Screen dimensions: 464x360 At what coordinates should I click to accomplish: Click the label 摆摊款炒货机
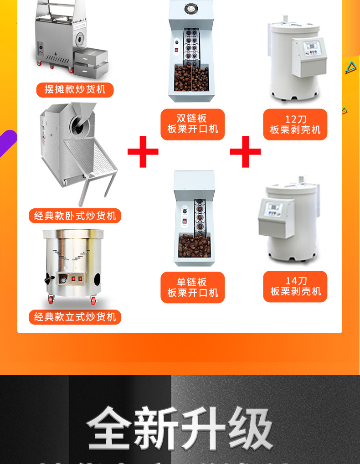(x=75, y=89)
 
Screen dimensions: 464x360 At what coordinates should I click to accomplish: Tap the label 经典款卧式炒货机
(x=75, y=216)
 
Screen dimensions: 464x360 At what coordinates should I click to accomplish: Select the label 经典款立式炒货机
(x=75, y=317)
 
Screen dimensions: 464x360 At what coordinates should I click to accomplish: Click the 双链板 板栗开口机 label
(x=192, y=124)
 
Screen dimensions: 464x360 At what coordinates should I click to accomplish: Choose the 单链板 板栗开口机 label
(x=192, y=287)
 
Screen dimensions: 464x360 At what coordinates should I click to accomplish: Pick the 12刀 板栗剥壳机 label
(x=295, y=124)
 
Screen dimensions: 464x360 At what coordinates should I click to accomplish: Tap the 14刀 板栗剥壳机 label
(x=295, y=286)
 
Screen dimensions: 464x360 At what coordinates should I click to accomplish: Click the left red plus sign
(x=143, y=151)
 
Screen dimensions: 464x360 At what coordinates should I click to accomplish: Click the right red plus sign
(x=245, y=151)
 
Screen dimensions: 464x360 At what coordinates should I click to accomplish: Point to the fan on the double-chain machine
(x=191, y=8)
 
